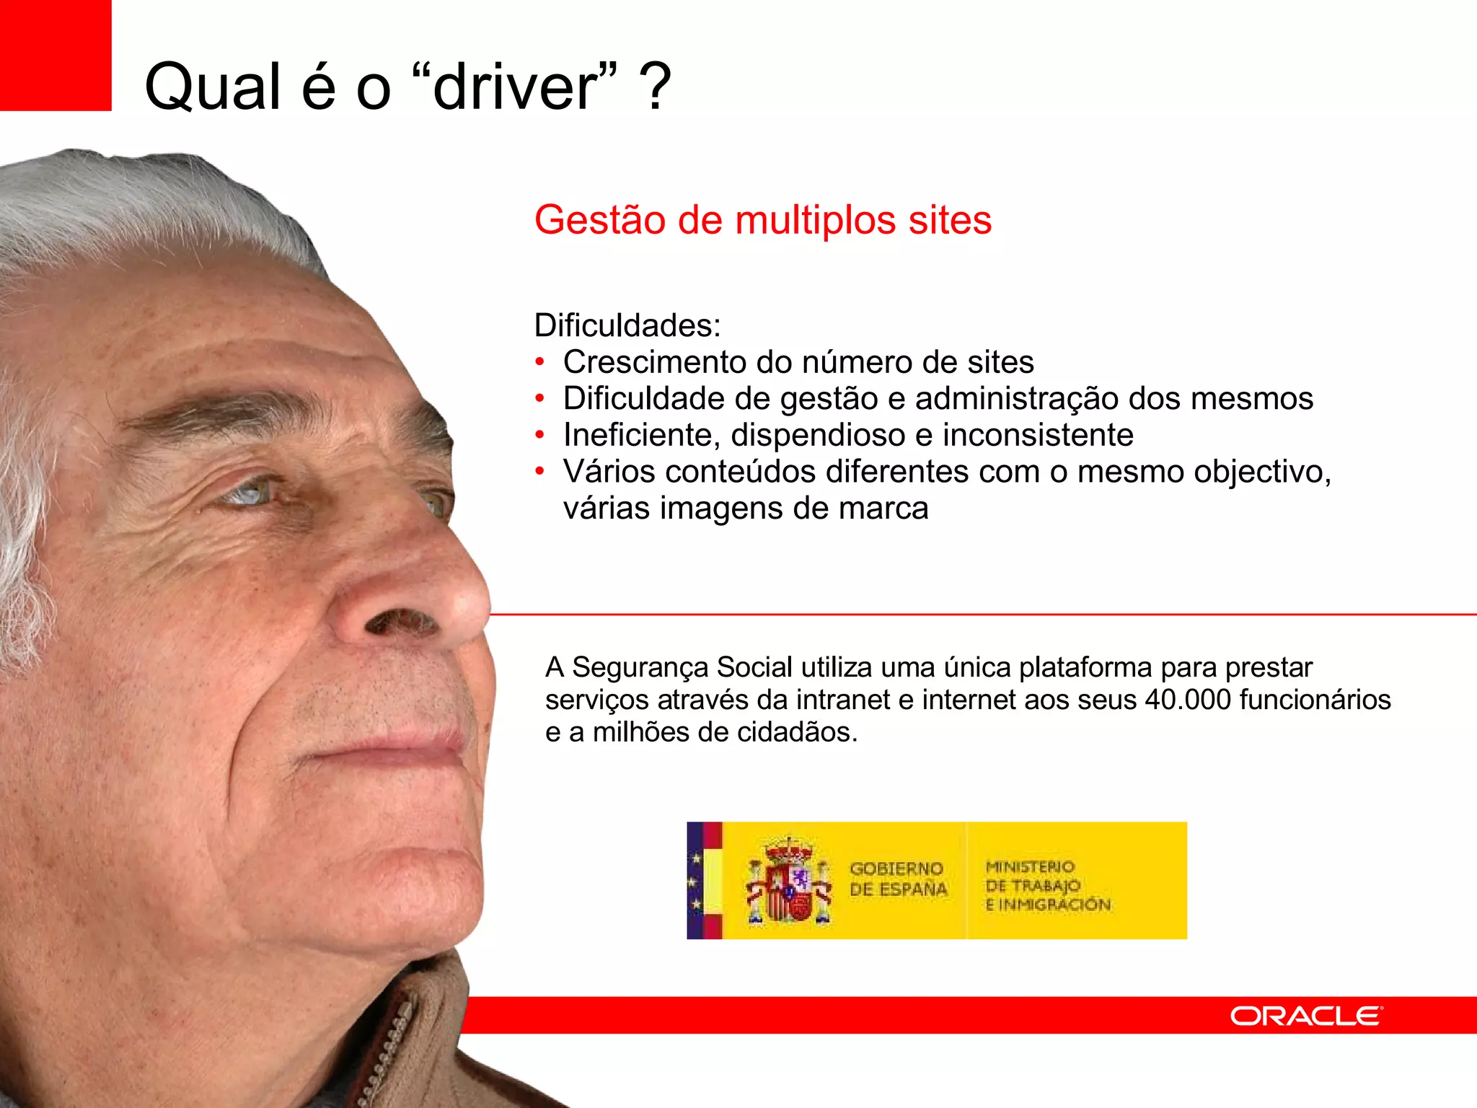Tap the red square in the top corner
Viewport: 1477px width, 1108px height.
click(55, 55)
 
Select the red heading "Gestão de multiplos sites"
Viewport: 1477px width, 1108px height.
click(762, 220)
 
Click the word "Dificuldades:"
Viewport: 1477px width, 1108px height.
click(627, 325)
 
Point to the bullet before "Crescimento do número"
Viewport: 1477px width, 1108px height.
click(539, 362)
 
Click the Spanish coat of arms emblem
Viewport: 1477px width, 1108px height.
click(788, 881)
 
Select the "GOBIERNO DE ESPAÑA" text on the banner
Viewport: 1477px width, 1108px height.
click(897, 879)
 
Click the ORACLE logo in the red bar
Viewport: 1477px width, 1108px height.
click(1305, 1016)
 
